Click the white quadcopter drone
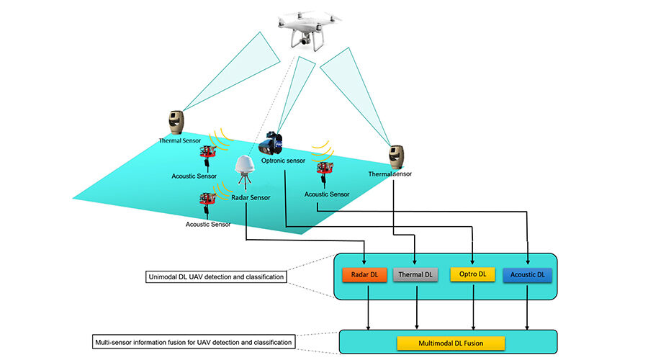pos(305,30)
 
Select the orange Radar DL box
pos(365,275)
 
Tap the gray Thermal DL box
pos(415,275)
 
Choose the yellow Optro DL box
pos(472,275)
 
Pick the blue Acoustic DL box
pos(528,275)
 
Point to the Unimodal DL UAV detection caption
pos(215,277)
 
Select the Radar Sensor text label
pos(251,197)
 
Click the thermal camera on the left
pos(176,122)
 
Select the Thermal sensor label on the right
pos(390,174)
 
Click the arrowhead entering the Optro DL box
pos(472,262)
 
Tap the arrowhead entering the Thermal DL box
pos(415,262)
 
